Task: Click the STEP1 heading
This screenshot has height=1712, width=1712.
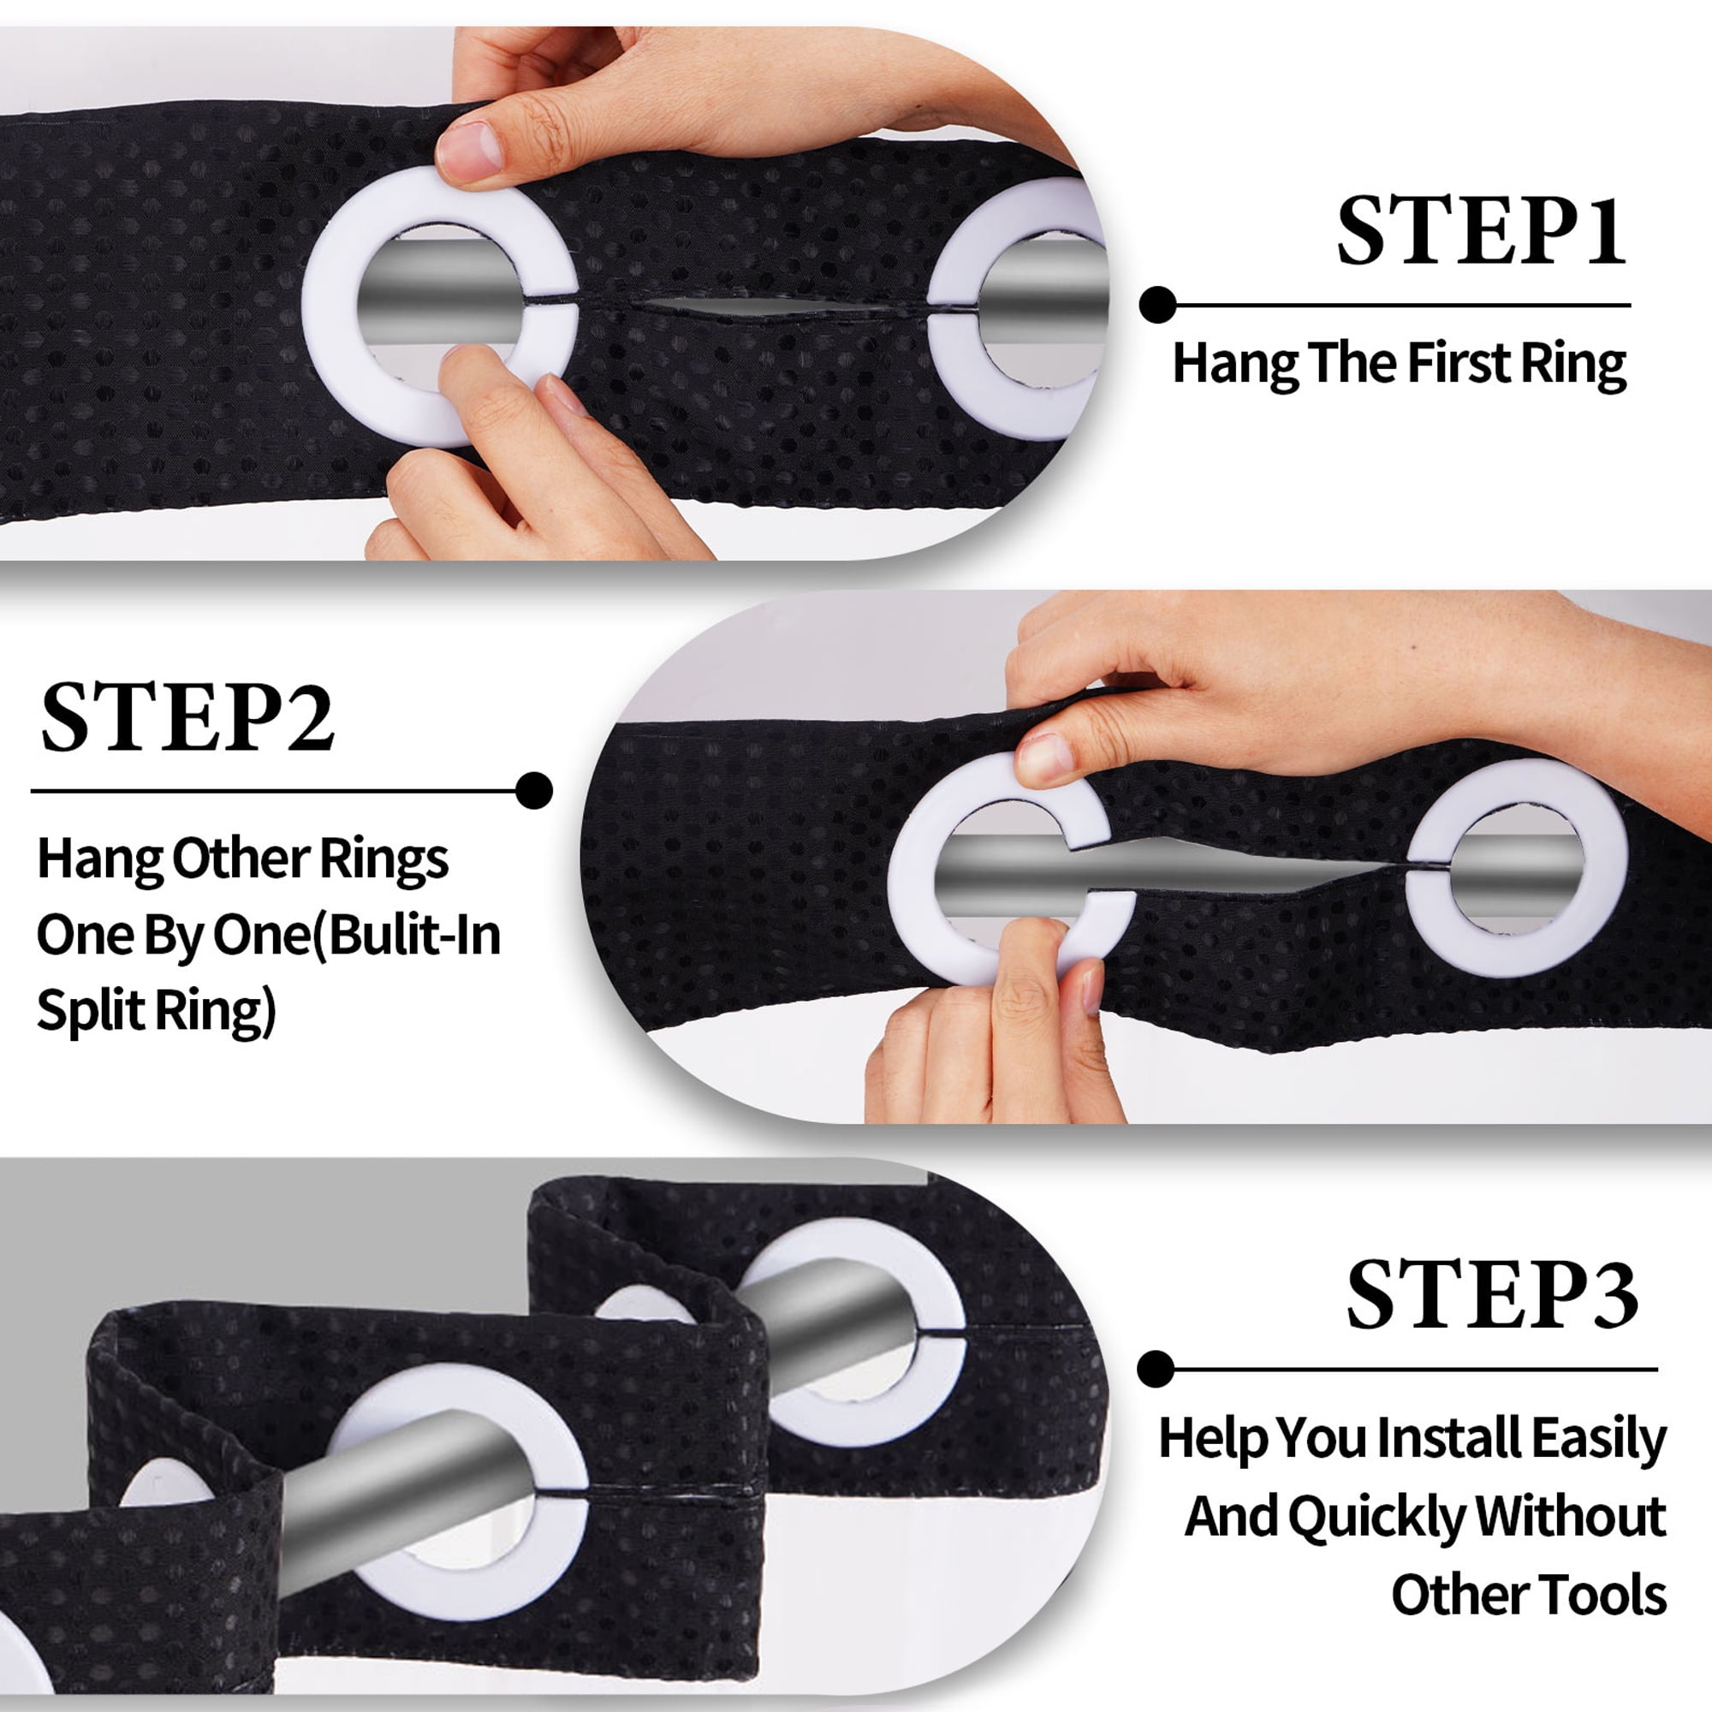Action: pos(1482,231)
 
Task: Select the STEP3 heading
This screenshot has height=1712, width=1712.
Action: pos(1492,1294)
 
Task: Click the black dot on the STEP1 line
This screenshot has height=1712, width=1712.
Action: pos(1157,305)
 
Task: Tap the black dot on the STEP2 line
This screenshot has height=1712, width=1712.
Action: pos(533,790)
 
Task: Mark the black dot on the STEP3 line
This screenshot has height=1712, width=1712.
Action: pos(1156,1369)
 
